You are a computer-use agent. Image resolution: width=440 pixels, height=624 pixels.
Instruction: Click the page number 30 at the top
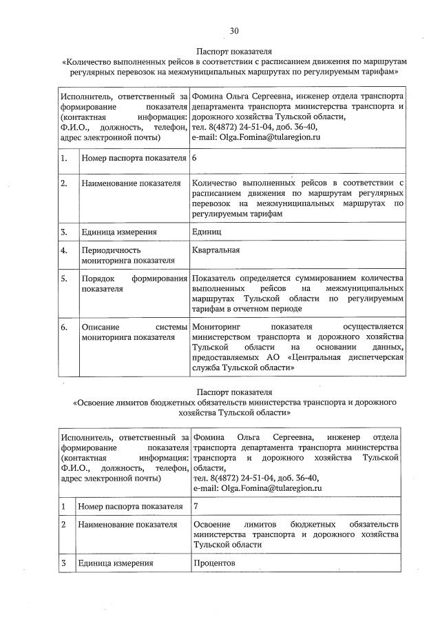tap(233, 31)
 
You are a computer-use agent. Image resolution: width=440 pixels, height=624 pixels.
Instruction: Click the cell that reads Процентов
tap(215, 563)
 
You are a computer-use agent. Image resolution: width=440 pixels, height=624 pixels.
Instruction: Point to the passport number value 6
tap(195, 158)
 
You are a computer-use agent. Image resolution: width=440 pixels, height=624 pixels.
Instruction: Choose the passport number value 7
tap(196, 506)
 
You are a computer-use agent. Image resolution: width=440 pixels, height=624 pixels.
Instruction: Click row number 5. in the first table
tap(63, 279)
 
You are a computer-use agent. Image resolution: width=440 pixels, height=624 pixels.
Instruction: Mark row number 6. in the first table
tap(63, 326)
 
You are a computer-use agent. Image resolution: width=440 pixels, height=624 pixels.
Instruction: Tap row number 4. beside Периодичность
tap(63, 250)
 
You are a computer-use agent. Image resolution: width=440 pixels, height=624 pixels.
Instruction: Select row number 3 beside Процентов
tap(63, 563)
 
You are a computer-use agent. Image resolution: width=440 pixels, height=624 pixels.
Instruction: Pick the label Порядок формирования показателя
tap(134, 283)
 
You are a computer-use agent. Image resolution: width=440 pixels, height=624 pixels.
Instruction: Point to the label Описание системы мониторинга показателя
tap(134, 332)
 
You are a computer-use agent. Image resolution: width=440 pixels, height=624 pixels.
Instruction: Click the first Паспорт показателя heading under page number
tap(233, 51)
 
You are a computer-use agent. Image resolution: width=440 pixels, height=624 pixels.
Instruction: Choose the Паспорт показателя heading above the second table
tap(233, 391)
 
